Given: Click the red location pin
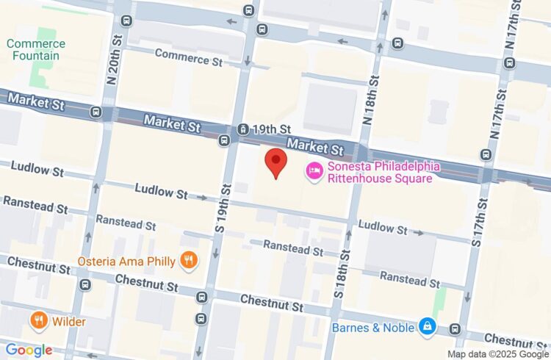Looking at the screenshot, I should [x=275, y=162].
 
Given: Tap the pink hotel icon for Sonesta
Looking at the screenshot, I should [x=314, y=171].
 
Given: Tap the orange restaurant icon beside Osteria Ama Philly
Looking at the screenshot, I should [x=190, y=260].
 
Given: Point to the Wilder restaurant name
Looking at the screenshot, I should [x=69, y=321].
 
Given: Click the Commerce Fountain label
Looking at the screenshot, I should [x=35, y=50].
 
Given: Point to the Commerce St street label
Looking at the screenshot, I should [x=188, y=57].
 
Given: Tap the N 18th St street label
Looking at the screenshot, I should [x=372, y=111].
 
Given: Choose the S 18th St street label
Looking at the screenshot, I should [x=342, y=273].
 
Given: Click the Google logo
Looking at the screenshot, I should [x=28, y=350].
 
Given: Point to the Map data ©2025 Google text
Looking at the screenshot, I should [x=497, y=353].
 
